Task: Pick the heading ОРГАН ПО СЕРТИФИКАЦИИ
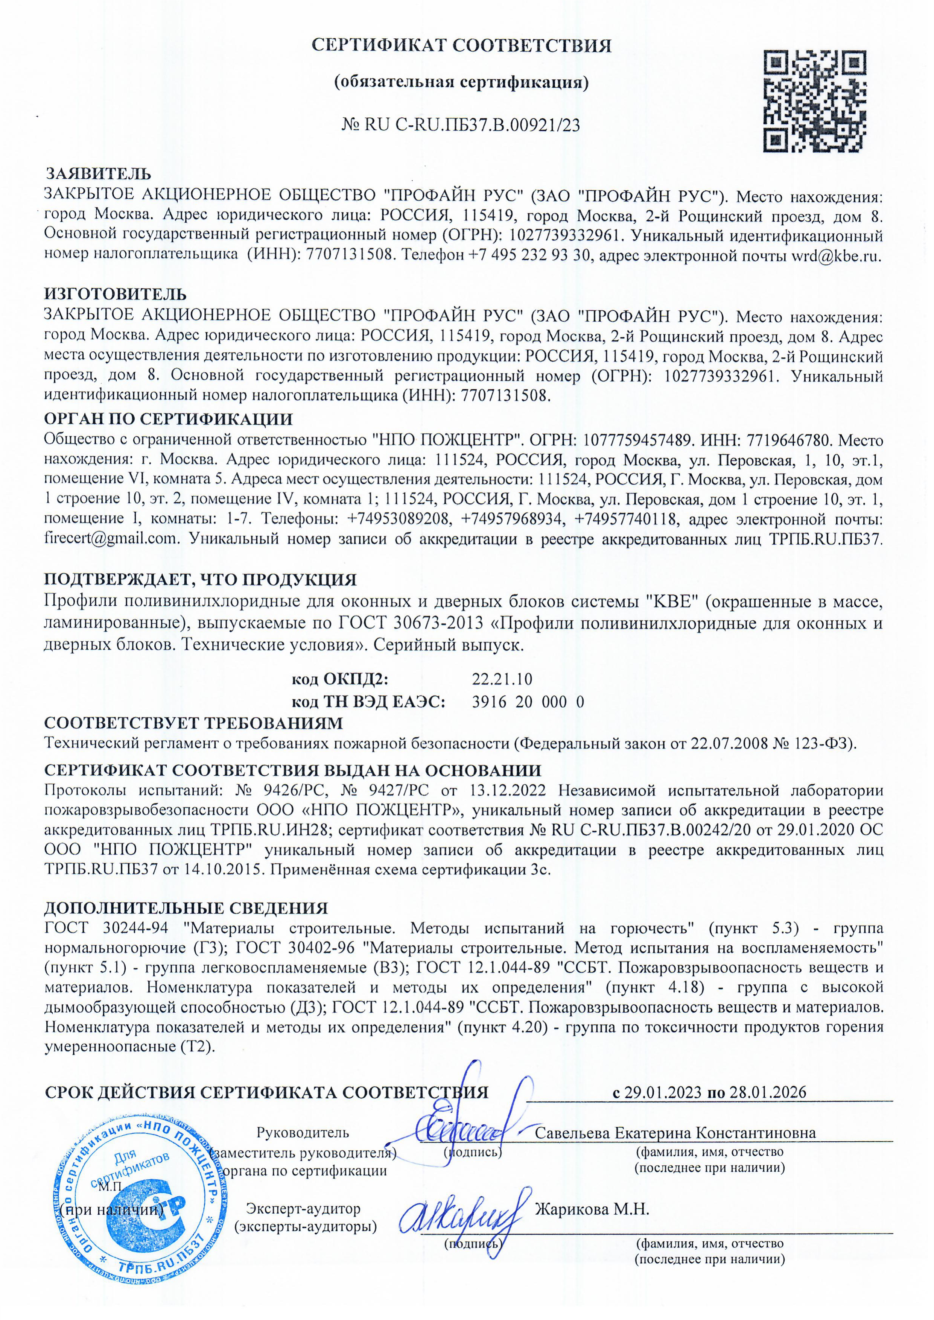pos(169,419)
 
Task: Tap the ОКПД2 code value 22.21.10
pos(502,679)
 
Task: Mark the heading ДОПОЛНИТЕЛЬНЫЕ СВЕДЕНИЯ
pos(186,908)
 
